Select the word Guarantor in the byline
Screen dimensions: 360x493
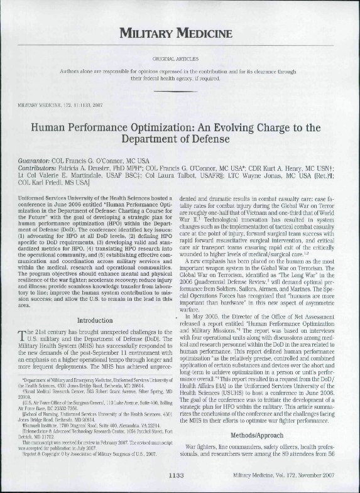click(37, 161)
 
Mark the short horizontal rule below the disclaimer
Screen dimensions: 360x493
click(180, 92)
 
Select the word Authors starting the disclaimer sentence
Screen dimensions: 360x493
click(71, 72)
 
